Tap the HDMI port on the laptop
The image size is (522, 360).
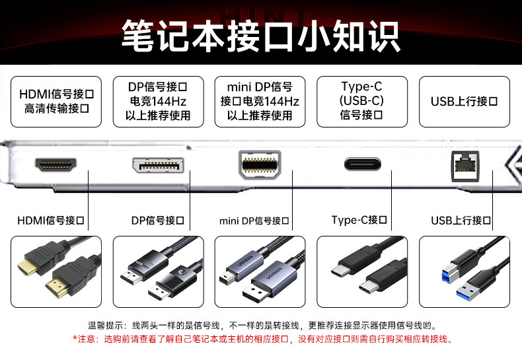pyautogui.click(x=56, y=166)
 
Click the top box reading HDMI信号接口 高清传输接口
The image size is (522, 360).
pyautogui.click(x=56, y=102)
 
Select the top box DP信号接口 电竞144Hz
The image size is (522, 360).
pyautogui.click(x=158, y=102)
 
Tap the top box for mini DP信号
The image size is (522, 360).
pyautogui.click(x=260, y=102)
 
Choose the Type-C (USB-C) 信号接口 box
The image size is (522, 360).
pyautogui.click(x=361, y=102)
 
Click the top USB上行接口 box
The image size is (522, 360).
pyautogui.click(x=464, y=102)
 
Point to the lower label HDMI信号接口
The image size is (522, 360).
pyautogui.click(x=51, y=220)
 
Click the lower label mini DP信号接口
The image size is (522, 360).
pyautogui.click(x=254, y=220)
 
